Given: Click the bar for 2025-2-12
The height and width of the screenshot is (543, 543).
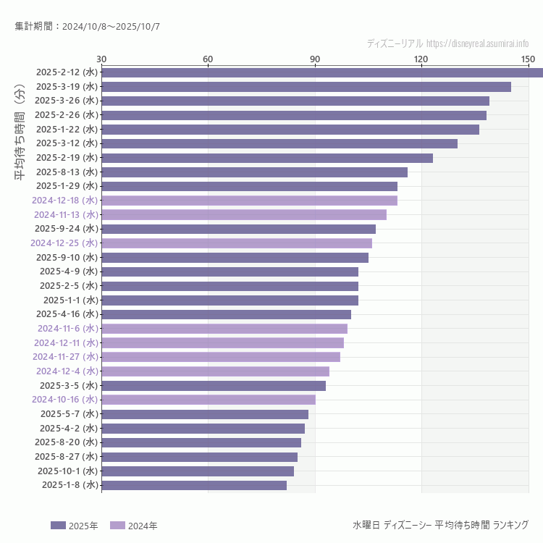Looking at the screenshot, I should [x=322, y=72].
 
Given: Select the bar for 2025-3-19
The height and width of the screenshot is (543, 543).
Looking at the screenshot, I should [x=306, y=87].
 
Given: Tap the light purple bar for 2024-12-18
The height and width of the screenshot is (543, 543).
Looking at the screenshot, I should [x=249, y=201].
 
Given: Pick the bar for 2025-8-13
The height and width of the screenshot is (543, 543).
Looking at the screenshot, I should [x=254, y=172].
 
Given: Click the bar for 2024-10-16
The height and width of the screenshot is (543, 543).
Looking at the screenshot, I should [x=209, y=400].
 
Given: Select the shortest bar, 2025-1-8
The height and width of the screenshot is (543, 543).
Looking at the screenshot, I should [x=194, y=485].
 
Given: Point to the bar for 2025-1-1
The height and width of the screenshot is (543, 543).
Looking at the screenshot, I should [x=230, y=300].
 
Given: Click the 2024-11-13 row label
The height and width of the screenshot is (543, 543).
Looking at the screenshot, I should [x=66, y=214].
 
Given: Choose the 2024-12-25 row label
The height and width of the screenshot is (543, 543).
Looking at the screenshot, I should [x=64, y=243].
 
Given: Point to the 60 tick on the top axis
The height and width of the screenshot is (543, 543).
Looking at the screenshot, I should [x=208, y=59].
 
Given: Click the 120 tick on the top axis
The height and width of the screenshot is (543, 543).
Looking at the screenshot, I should [x=421, y=59].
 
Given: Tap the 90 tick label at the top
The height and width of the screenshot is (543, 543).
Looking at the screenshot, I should [x=315, y=59].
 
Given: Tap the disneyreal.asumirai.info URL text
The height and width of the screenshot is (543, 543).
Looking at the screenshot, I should [x=477, y=43].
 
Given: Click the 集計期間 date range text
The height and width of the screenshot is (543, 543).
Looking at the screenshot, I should [x=87, y=26].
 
